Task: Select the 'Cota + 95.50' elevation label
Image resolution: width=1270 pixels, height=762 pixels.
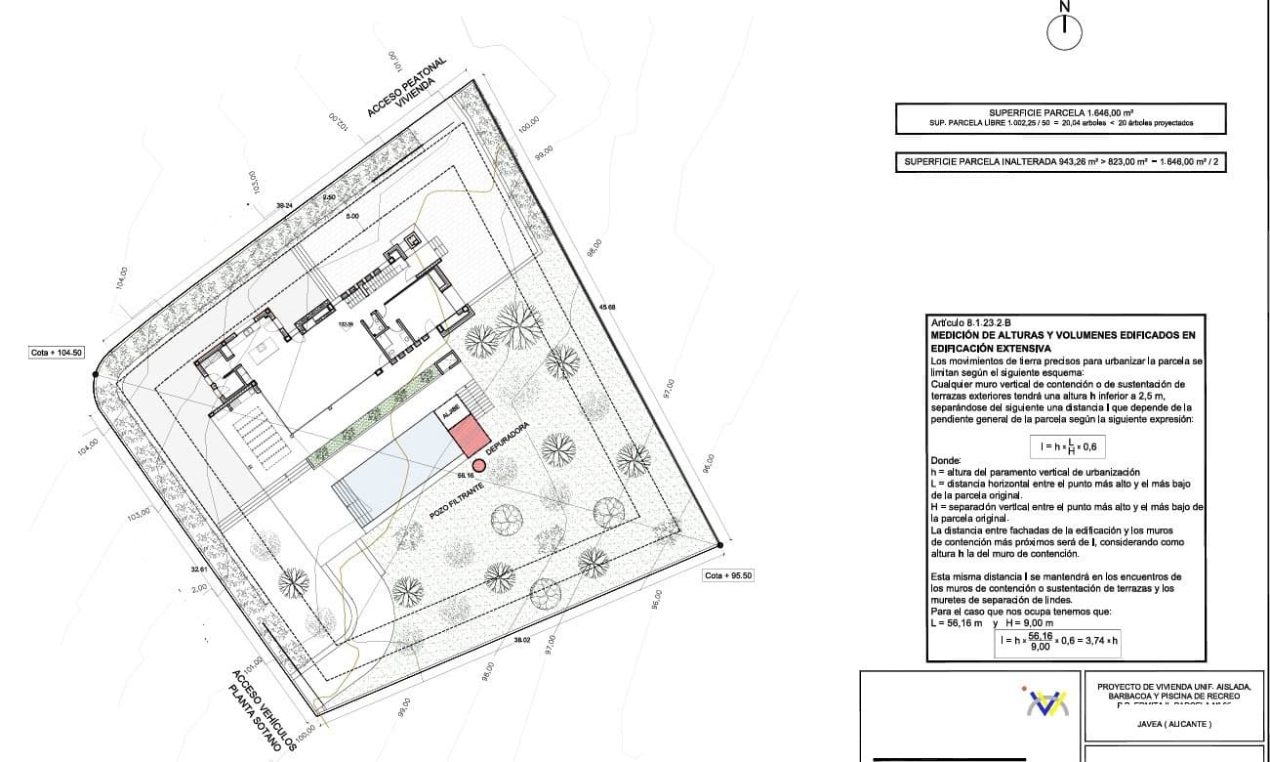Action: coord(728,575)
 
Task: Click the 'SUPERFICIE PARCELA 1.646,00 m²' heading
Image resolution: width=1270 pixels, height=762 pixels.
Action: coord(1060,112)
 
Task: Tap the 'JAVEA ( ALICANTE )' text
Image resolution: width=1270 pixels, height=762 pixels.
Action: coord(1173,724)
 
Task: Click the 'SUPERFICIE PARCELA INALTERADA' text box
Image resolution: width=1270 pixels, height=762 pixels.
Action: coord(1060,163)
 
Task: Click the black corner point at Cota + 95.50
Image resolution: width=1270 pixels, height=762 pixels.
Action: coord(718,545)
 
